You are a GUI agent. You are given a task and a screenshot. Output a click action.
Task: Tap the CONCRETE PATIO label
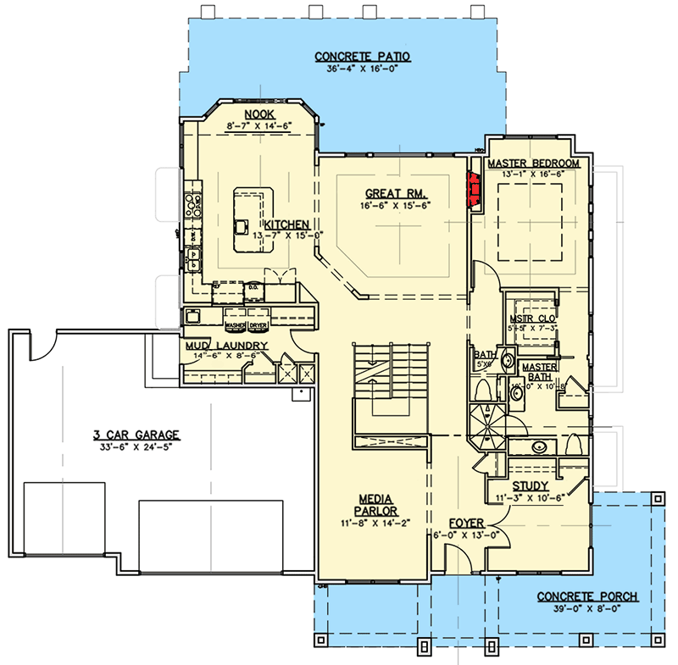[363, 57]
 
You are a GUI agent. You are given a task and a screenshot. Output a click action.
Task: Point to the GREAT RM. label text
[383, 191]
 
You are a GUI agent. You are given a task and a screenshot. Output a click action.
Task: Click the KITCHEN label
[286, 224]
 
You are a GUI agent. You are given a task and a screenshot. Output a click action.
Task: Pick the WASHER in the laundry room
[235, 324]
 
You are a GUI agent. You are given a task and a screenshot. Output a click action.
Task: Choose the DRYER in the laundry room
[258, 324]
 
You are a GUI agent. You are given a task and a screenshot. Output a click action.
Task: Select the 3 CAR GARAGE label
[125, 435]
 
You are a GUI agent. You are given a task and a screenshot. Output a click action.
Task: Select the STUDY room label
[531, 485]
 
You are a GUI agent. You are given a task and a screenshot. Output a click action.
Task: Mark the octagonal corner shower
[486, 424]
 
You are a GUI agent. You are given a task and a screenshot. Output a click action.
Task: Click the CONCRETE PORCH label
[587, 596]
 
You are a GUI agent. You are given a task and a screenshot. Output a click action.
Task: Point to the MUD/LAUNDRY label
[226, 346]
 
